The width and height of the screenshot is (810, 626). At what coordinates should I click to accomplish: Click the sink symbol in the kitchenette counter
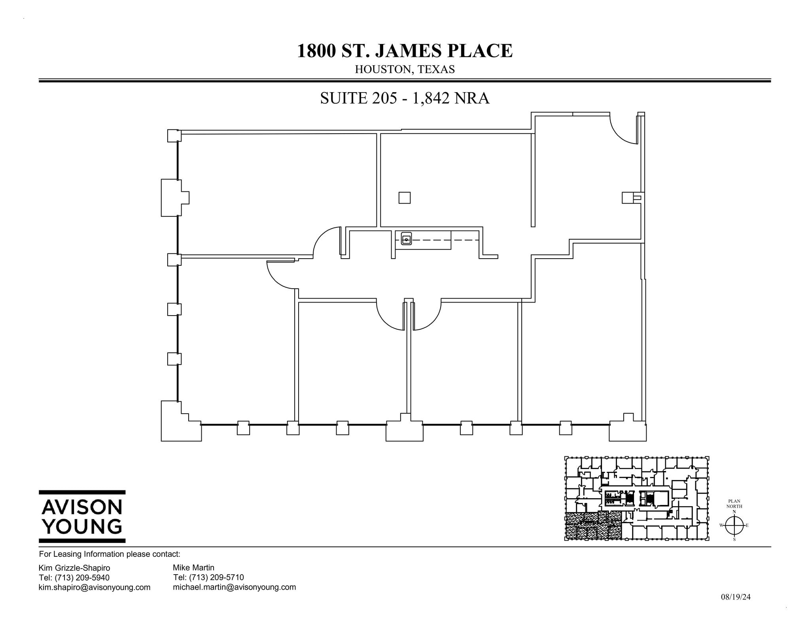pyautogui.click(x=406, y=239)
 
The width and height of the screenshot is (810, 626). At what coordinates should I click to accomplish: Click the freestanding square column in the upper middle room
pyautogui.click(x=404, y=198)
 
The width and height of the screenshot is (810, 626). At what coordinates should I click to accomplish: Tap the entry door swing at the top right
pyautogui.click(x=622, y=130)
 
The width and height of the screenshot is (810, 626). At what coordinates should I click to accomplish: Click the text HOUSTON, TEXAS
pyautogui.click(x=405, y=70)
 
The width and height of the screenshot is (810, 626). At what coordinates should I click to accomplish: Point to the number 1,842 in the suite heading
pyautogui.click(x=431, y=98)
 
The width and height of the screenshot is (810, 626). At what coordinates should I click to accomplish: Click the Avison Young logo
pyautogui.click(x=82, y=516)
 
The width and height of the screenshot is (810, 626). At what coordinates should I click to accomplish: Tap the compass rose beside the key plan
pyautogui.click(x=734, y=525)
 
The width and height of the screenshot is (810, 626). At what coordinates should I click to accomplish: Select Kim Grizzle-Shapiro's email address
pyautogui.click(x=94, y=587)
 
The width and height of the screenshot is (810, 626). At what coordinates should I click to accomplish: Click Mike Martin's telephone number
pyautogui.click(x=208, y=577)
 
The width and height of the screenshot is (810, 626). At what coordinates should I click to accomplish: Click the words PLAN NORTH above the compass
pyautogui.click(x=734, y=504)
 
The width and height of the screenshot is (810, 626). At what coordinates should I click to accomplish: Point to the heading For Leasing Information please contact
pyautogui.click(x=110, y=554)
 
